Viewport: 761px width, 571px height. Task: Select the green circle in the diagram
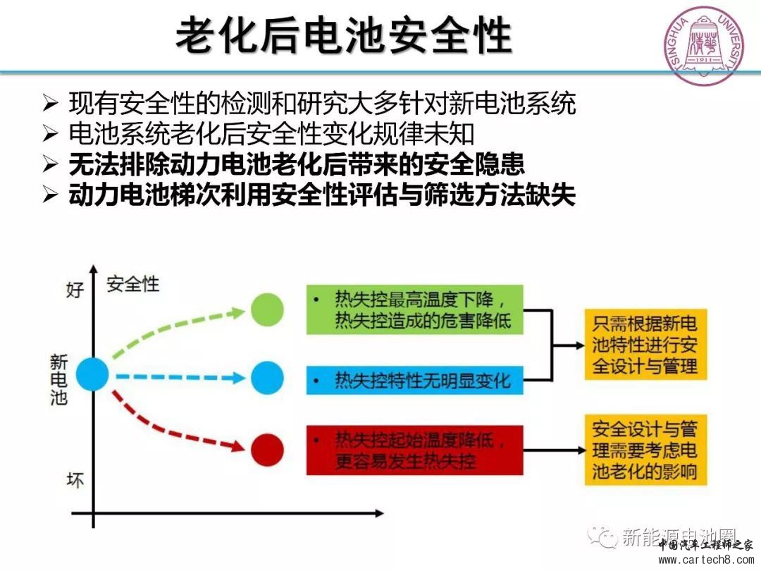[267, 309]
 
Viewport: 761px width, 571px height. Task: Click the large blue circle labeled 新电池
[92, 374]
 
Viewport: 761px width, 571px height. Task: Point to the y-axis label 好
[75, 289]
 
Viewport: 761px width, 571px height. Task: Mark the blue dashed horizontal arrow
[180, 377]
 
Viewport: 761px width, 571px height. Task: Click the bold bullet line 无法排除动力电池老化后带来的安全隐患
[297, 164]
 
